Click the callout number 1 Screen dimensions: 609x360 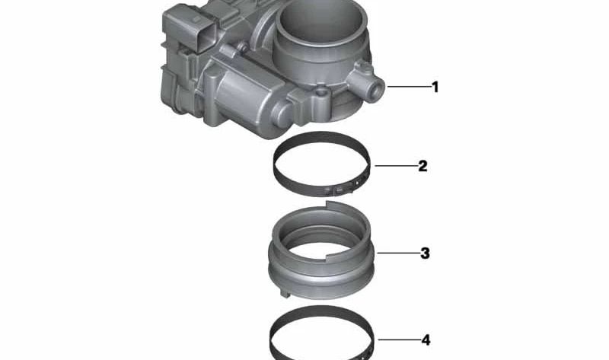pos(435,87)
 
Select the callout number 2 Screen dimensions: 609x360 pos(422,166)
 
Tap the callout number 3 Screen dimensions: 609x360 pos(425,253)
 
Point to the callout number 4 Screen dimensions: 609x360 pos(426,340)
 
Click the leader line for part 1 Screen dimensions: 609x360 pos(410,87)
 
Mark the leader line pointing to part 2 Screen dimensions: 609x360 pos(396,166)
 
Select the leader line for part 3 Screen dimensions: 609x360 pos(398,253)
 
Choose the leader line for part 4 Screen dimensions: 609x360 pos(399,339)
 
